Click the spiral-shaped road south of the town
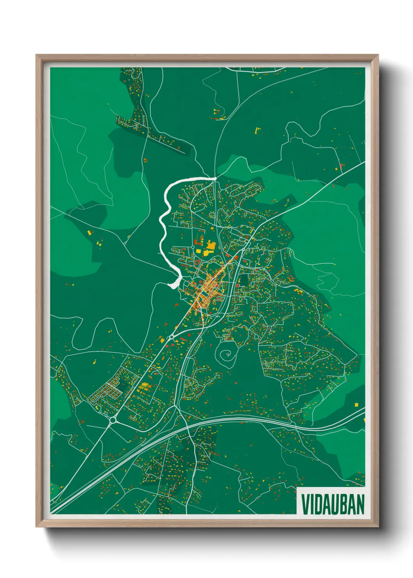226,355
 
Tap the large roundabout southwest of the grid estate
113,420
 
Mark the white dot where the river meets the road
215,178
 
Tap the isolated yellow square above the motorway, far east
356,404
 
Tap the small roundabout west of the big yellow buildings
193,247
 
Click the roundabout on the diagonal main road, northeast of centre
243,249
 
